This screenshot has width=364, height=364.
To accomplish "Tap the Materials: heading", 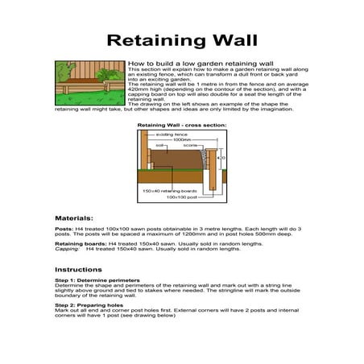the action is click(x=73, y=218).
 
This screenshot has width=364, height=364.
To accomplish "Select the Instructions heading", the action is click(x=78, y=269).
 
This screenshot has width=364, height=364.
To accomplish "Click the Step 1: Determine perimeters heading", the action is click(x=91, y=280).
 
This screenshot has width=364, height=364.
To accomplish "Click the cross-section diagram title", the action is click(x=181, y=126).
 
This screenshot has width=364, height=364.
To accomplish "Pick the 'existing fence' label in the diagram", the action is click(x=168, y=134).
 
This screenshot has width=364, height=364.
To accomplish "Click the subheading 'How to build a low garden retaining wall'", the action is click(x=190, y=62).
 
